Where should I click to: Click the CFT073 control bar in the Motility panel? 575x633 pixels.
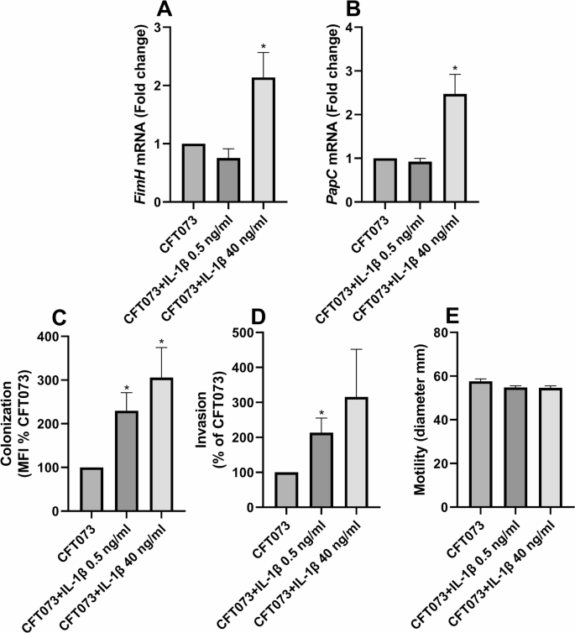(479, 444)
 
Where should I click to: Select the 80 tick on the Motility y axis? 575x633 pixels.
(448, 332)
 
